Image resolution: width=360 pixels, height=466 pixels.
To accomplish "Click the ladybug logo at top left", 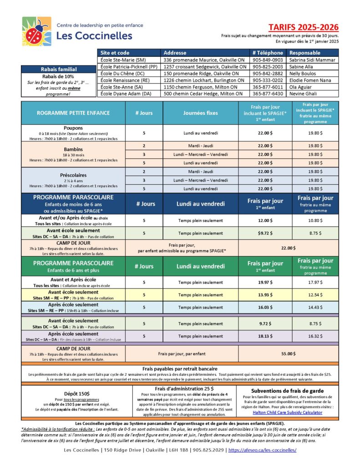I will click(36, 31).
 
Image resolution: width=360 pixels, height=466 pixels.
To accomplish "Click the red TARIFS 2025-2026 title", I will click(309, 27).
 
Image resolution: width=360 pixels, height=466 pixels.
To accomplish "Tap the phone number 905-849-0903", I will click(268, 60).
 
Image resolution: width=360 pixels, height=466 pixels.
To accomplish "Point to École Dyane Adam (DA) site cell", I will click(128, 94).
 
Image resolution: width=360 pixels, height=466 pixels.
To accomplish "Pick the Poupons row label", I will click(73, 128).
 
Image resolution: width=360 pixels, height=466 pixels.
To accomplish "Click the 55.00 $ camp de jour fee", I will click(289, 353).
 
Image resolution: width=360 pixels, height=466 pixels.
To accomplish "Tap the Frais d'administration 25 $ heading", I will click(191, 389).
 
